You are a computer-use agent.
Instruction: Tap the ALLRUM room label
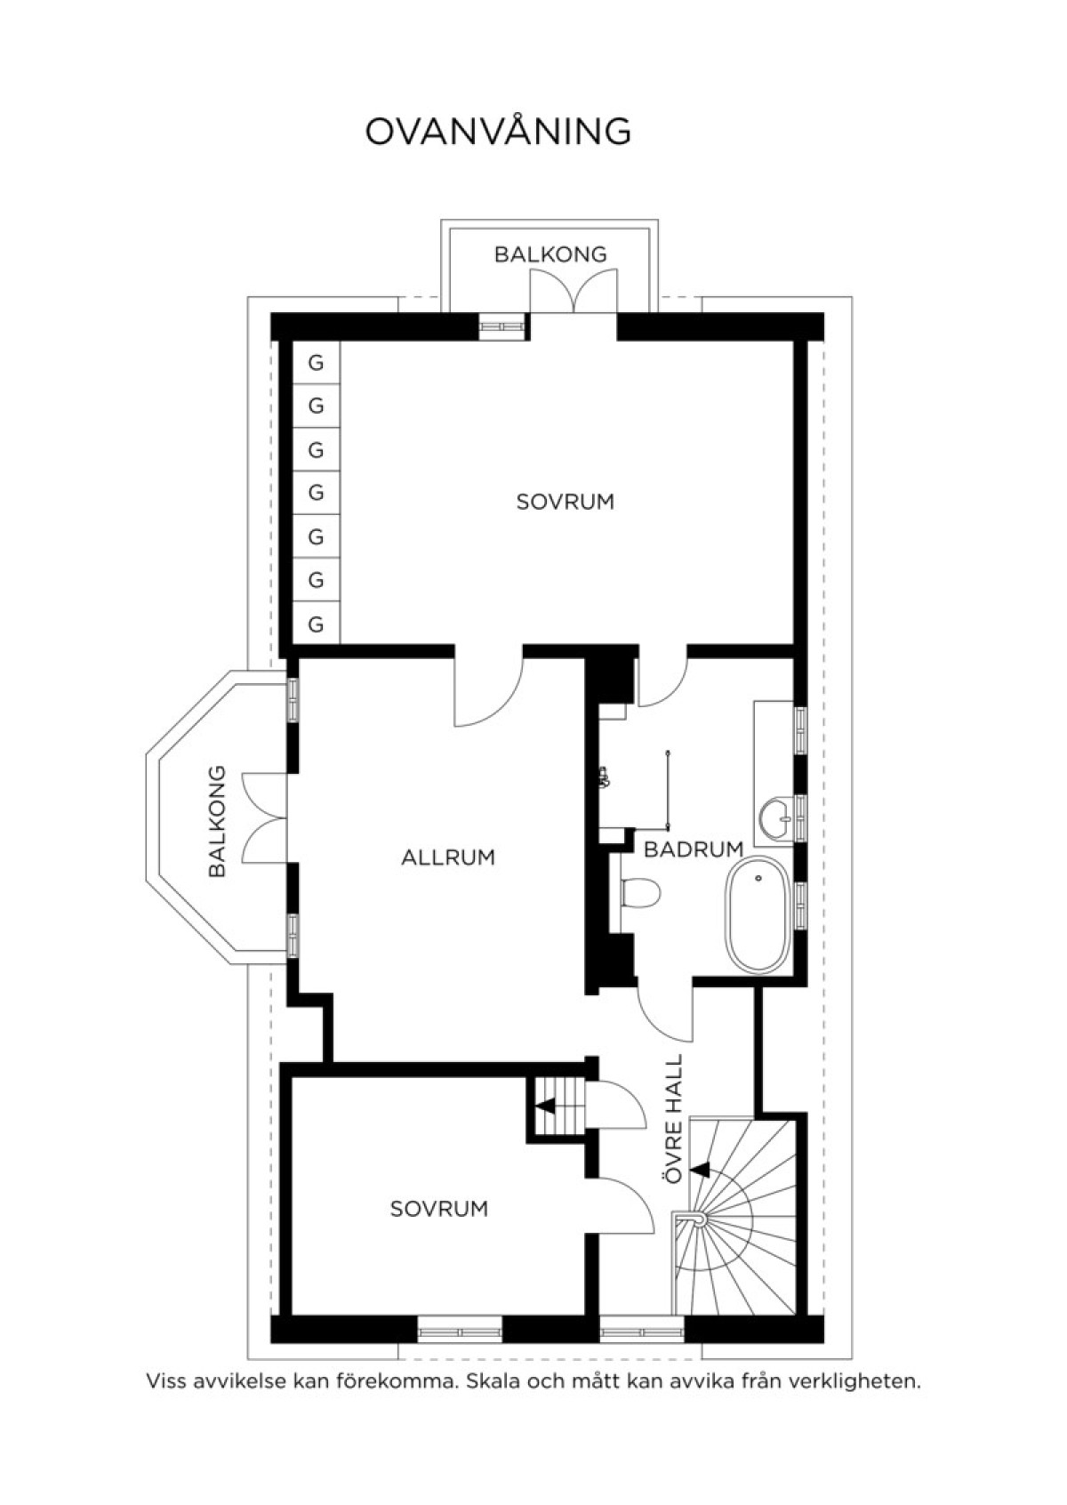(x=448, y=858)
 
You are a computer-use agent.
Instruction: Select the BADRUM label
(x=694, y=849)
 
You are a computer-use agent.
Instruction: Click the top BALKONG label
(x=550, y=254)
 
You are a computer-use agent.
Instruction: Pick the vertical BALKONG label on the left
(x=218, y=821)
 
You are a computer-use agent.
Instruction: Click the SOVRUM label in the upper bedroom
(x=566, y=502)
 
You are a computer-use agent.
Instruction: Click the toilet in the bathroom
(x=640, y=893)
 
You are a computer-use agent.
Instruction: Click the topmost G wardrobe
(x=317, y=363)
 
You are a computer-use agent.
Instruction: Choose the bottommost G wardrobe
(x=317, y=624)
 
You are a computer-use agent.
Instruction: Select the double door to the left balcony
(x=264, y=817)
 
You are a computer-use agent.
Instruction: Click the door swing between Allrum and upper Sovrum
(x=488, y=688)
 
